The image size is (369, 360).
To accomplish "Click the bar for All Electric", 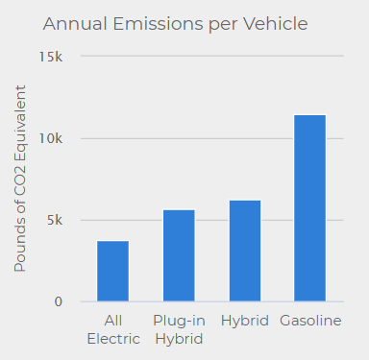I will pyautogui.click(x=113, y=271).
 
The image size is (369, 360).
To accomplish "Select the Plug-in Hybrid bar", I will pyautogui.click(x=179, y=255).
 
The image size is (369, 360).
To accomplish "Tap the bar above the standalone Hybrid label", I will pyautogui.click(x=244, y=251).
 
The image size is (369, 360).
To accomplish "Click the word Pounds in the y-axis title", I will pyautogui.click(x=20, y=245).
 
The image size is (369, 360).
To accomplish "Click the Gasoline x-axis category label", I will pyautogui.click(x=309, y=320).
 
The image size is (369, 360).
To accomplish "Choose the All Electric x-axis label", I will pyautogui.click(x=113, y=328).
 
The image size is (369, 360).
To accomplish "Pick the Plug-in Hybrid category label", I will pyautogui.click(x=179, y=328).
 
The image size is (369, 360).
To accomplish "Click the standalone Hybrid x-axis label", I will pyautogui.click(x=244, y=320).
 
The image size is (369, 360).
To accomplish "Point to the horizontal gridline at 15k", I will pyautogui.click(x=211, y=56).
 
